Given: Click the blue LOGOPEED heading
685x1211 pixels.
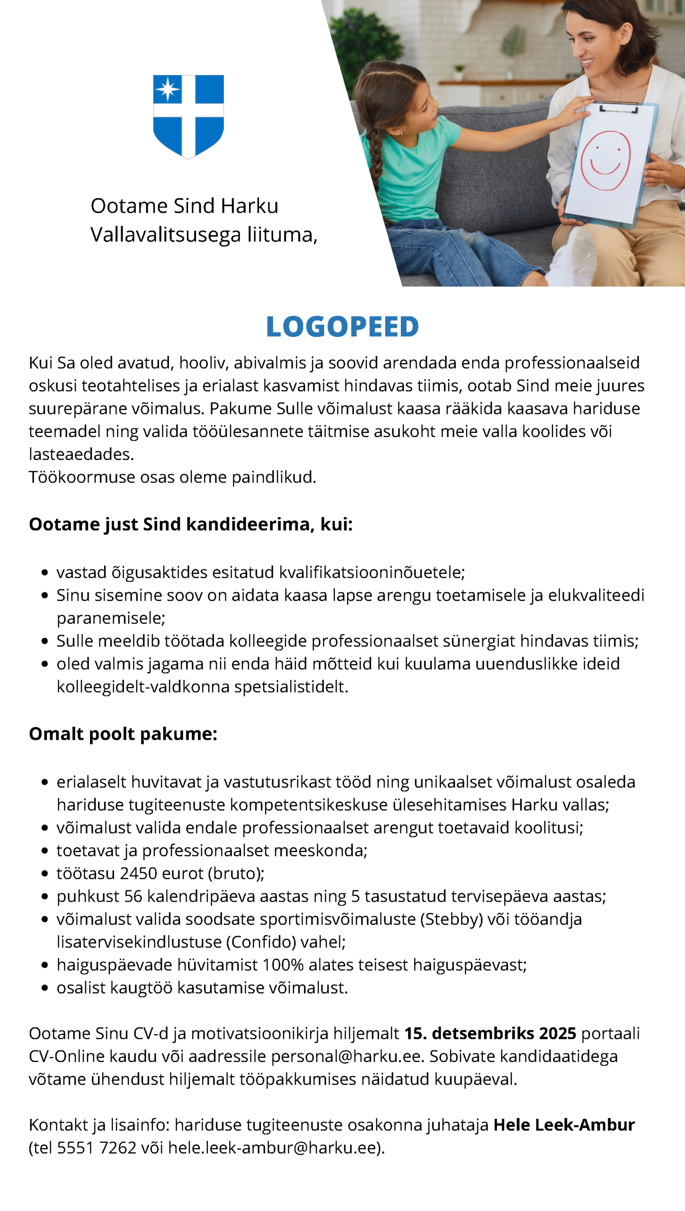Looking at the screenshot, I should click(x=342, y=326).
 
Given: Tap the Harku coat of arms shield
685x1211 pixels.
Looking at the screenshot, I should click(x=188, y=116).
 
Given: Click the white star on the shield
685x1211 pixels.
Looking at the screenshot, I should click(x=167, y=89).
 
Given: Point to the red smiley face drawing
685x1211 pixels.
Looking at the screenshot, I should click(x=605, y=160).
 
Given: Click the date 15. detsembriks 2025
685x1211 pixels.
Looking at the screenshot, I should click(x=490, y=1033).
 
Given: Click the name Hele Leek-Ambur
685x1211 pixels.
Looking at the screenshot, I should click(x=564, y=1124).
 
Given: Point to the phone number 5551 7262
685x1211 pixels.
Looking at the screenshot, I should click(x=97, y=1148).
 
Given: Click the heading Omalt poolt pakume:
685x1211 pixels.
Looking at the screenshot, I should click(x=123, y=734).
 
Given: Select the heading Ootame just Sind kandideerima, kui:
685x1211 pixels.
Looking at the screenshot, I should click(x=191, y=524).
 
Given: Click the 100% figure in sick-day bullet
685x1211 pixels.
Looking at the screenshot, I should click(x=283, y=965).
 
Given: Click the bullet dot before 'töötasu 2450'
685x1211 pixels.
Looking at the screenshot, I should click(x=45, y=874).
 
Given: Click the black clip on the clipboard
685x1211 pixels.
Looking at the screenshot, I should click(x=619, y=108).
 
